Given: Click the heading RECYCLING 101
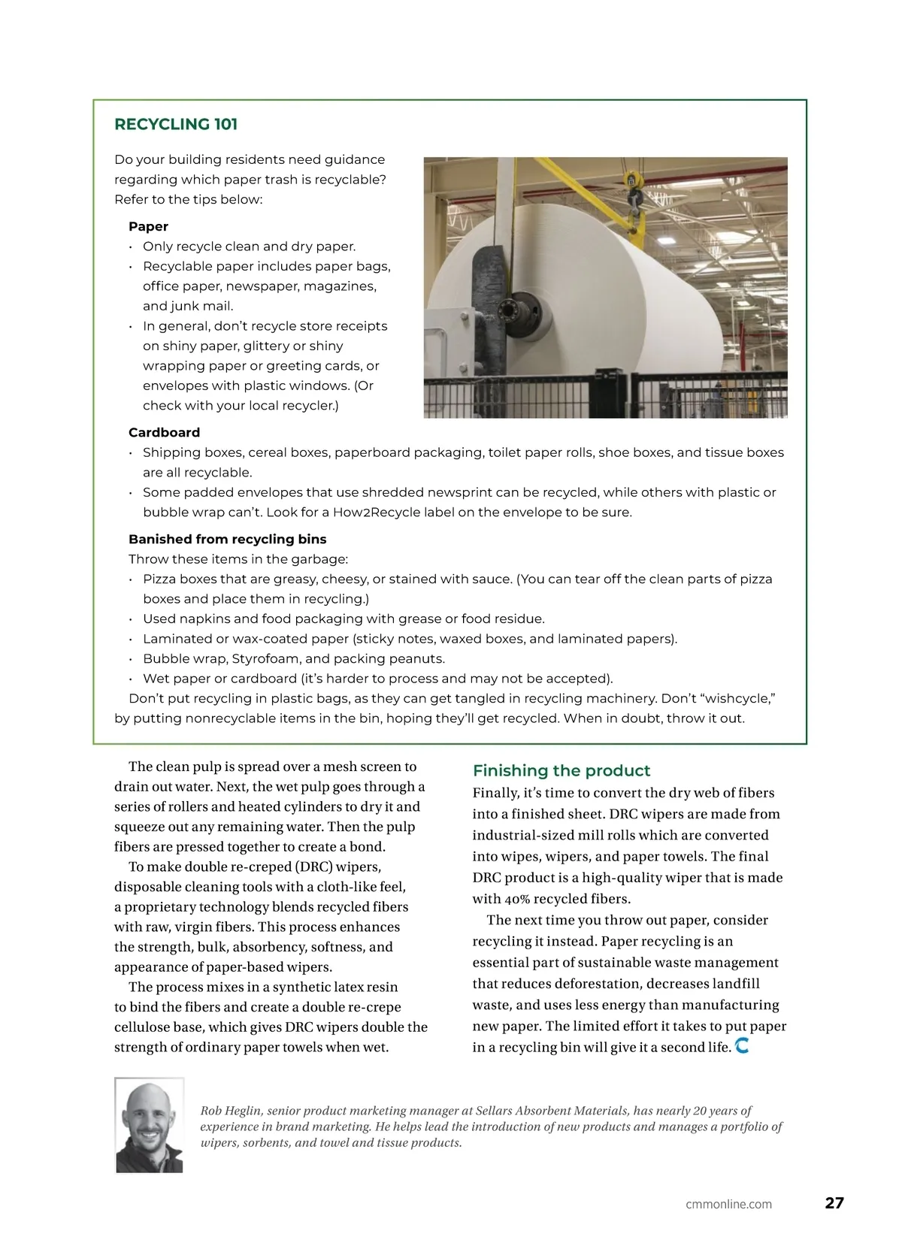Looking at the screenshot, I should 176,124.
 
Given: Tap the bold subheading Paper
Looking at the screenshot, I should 148,226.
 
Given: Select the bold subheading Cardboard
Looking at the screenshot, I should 164,432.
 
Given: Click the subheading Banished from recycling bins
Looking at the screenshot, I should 227,539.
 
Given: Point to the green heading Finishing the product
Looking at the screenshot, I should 561,770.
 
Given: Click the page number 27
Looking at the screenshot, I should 834,1202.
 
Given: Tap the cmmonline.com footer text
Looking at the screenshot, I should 728,1204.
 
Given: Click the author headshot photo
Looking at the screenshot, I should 150,1124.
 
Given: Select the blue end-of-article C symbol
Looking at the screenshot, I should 742,1045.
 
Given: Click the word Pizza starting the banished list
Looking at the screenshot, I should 159,579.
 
